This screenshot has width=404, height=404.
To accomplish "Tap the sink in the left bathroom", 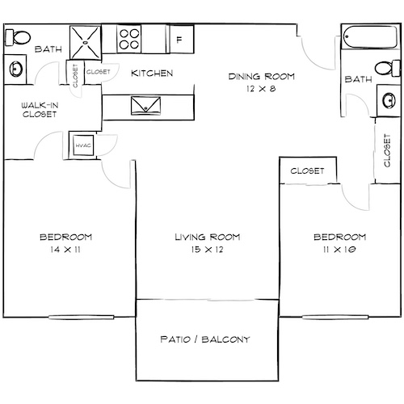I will point(16,69).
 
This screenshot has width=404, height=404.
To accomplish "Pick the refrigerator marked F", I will point(179,38).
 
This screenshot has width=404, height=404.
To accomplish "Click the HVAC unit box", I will point(82,145).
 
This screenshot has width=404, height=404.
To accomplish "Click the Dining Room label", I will point(261,77).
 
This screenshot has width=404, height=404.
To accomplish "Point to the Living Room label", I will point(204,238).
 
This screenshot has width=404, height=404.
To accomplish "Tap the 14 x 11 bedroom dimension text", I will point(65,250).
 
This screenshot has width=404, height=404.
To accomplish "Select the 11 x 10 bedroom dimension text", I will point(339,250).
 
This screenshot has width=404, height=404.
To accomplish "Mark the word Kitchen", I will point(152,74).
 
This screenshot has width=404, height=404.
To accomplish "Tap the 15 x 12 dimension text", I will point(204,250).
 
